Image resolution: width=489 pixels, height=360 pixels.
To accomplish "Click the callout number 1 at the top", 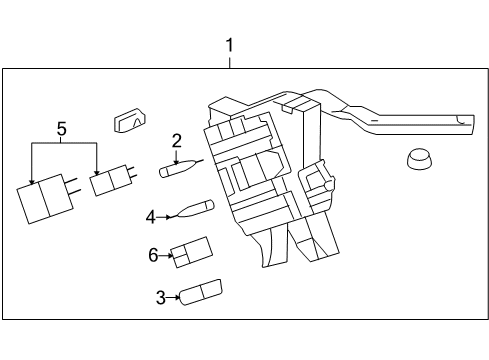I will [x=230, y=46].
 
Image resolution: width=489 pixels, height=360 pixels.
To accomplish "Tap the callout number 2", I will [x=176, y=141].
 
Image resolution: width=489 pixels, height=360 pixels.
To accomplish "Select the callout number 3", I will [x=160, y=296].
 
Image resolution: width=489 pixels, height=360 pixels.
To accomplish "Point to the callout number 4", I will [x=151, y=216].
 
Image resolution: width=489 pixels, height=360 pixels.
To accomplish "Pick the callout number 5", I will [x=61, y=129].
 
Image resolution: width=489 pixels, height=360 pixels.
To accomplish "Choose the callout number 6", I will [x=154, y=255].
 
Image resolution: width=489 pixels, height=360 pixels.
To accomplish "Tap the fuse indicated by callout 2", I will [x=179, y=169].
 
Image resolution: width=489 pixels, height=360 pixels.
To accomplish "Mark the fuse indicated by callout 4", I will [x=190, y=210].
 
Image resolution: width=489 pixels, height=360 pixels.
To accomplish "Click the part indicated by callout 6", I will [x=191, y=252].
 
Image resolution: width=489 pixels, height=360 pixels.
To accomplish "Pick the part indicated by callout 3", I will [x=201, y=292].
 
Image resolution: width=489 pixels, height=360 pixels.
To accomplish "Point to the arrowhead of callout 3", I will [x=177, y=296].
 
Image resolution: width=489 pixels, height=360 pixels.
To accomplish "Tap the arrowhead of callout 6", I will [x=171, y=255].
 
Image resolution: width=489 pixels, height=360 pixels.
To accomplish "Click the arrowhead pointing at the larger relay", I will [x=32, y=183].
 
